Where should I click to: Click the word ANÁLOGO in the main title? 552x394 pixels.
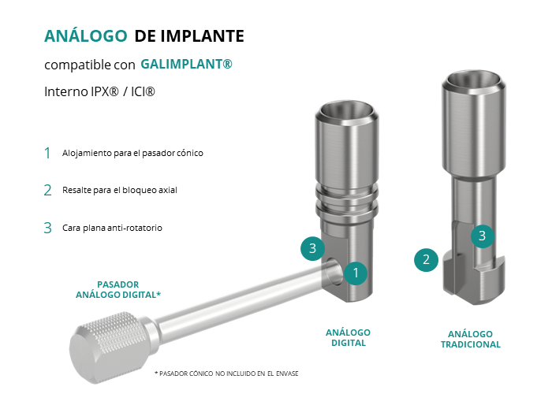85,35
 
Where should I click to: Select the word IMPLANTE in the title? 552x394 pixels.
203,36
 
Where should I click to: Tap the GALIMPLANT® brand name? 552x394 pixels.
186,64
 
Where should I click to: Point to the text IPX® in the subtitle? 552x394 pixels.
104,91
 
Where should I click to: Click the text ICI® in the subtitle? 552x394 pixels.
143,91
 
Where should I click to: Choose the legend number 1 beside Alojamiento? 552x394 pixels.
47,153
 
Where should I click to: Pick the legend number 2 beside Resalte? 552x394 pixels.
47,191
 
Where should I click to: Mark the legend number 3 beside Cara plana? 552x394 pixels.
47,228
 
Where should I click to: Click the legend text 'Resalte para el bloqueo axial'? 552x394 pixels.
120,190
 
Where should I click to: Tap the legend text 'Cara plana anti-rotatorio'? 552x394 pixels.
112,228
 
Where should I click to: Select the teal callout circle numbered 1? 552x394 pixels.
356,273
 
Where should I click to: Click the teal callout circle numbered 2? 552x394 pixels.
426,260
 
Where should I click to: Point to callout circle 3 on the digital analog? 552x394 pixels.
312,248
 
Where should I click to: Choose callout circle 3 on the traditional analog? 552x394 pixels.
483,236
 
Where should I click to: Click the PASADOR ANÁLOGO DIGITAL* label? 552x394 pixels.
118,289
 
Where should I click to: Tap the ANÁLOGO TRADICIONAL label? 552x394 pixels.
470,339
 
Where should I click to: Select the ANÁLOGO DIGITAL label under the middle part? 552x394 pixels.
349,338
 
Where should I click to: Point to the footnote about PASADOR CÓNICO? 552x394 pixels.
226,374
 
